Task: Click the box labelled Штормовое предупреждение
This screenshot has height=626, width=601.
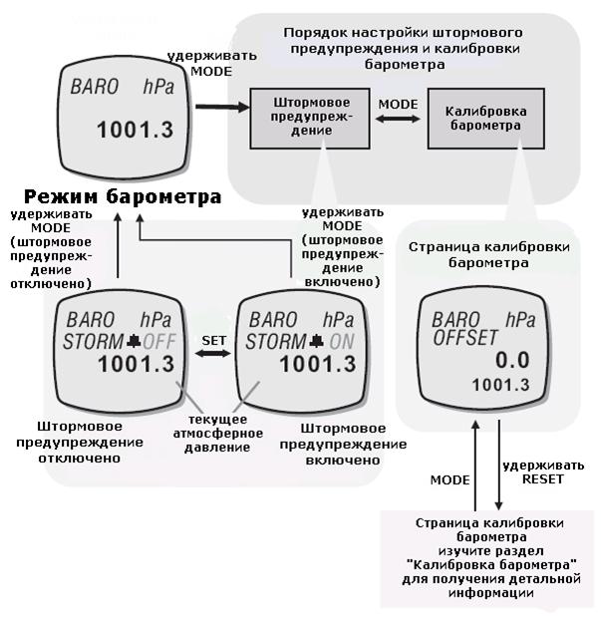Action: (310, 119)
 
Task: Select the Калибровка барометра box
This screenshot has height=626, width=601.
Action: (485, 119)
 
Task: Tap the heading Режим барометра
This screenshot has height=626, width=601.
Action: (123, 196)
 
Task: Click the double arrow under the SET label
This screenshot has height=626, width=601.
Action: (212, 353)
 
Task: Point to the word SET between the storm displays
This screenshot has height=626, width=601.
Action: (214, 341)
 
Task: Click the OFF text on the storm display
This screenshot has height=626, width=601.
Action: (159, 342)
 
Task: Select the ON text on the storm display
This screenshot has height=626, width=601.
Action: (342, 342)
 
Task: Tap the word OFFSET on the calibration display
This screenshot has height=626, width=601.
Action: (465, 338)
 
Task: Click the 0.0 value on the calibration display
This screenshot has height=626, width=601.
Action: (512, 360)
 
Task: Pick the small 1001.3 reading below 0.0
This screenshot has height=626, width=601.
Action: (500, 385)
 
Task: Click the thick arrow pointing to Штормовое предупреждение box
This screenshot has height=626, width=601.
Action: (222, 107)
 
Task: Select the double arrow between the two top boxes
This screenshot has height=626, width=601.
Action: (398, 119)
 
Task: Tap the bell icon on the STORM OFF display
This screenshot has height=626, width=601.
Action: (134, 341)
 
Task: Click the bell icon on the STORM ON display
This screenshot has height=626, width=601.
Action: (317, 341)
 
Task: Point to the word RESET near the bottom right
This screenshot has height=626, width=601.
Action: (543, 479)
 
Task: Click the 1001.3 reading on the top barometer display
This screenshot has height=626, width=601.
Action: (136, 130)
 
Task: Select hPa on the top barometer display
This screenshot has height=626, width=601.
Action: (158, 88)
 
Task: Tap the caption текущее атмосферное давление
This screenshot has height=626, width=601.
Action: (218, 434)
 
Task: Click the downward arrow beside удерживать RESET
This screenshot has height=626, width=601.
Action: (498, 465)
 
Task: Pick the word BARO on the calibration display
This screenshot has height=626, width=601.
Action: (455, 319)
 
